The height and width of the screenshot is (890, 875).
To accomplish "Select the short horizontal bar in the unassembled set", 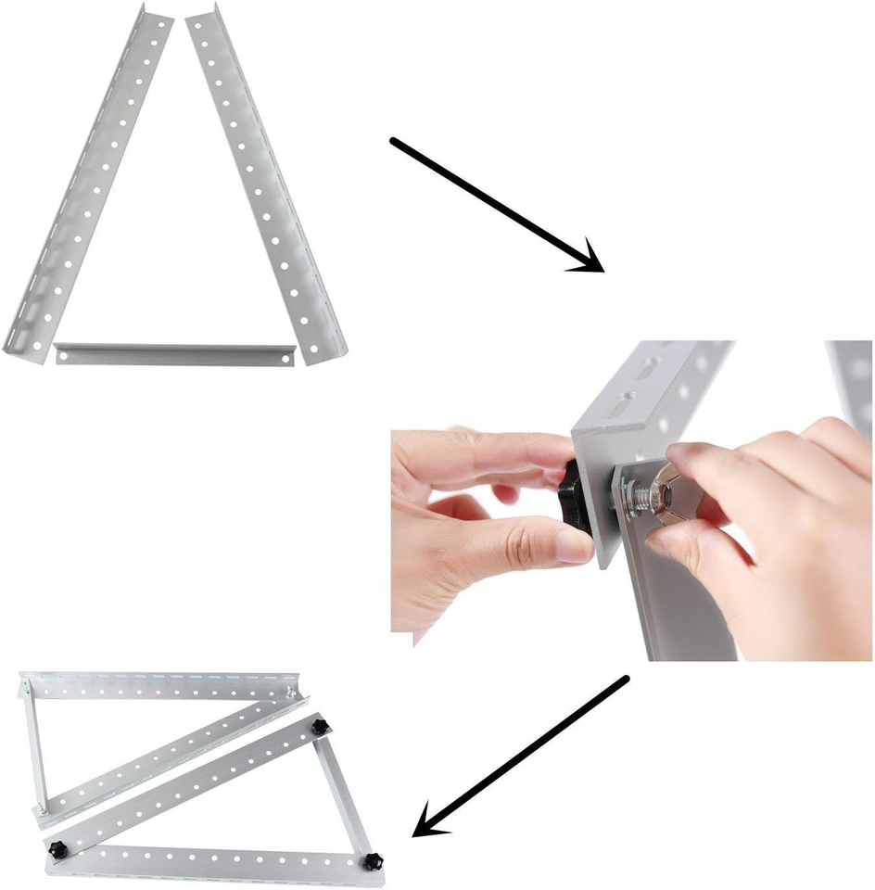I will pyautogui.click(x=174, y=353).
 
